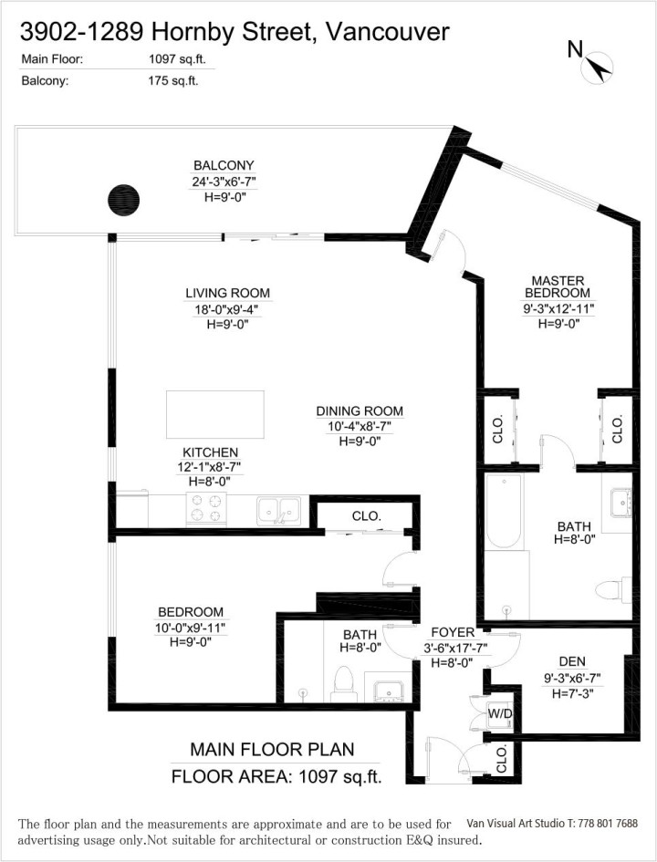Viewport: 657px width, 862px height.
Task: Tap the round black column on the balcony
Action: point(124,198)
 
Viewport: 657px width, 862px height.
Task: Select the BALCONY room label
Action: point(224,165)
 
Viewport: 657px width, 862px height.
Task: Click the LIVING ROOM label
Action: point(228,293)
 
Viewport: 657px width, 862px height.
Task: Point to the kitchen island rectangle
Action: point(214,414)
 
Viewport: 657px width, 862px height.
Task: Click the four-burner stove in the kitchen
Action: point(206,508)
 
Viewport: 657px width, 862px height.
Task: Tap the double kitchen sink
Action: point(279,508)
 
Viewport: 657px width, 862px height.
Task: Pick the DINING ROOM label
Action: point(360,411)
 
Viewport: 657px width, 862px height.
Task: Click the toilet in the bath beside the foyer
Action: point(344,681)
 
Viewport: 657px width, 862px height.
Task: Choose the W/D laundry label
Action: point(498,712)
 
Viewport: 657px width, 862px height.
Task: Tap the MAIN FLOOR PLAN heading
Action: point(271,749)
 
